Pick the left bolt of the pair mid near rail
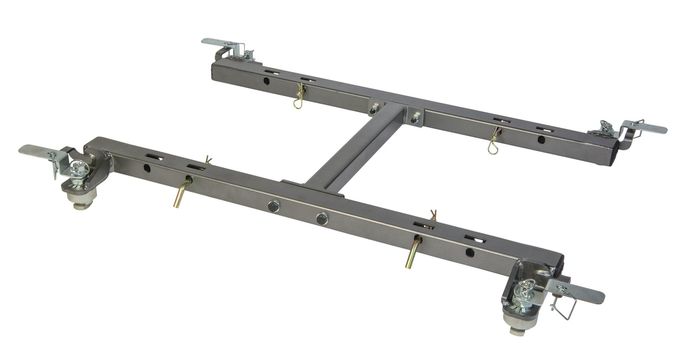pyautogui.click(x=274, y=206)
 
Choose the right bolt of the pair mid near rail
pyautogui.click(x=322, y=218)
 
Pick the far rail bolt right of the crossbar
pyautogui.click(x=415, y=118)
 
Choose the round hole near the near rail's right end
pyautogui.click(x=470, y=252)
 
